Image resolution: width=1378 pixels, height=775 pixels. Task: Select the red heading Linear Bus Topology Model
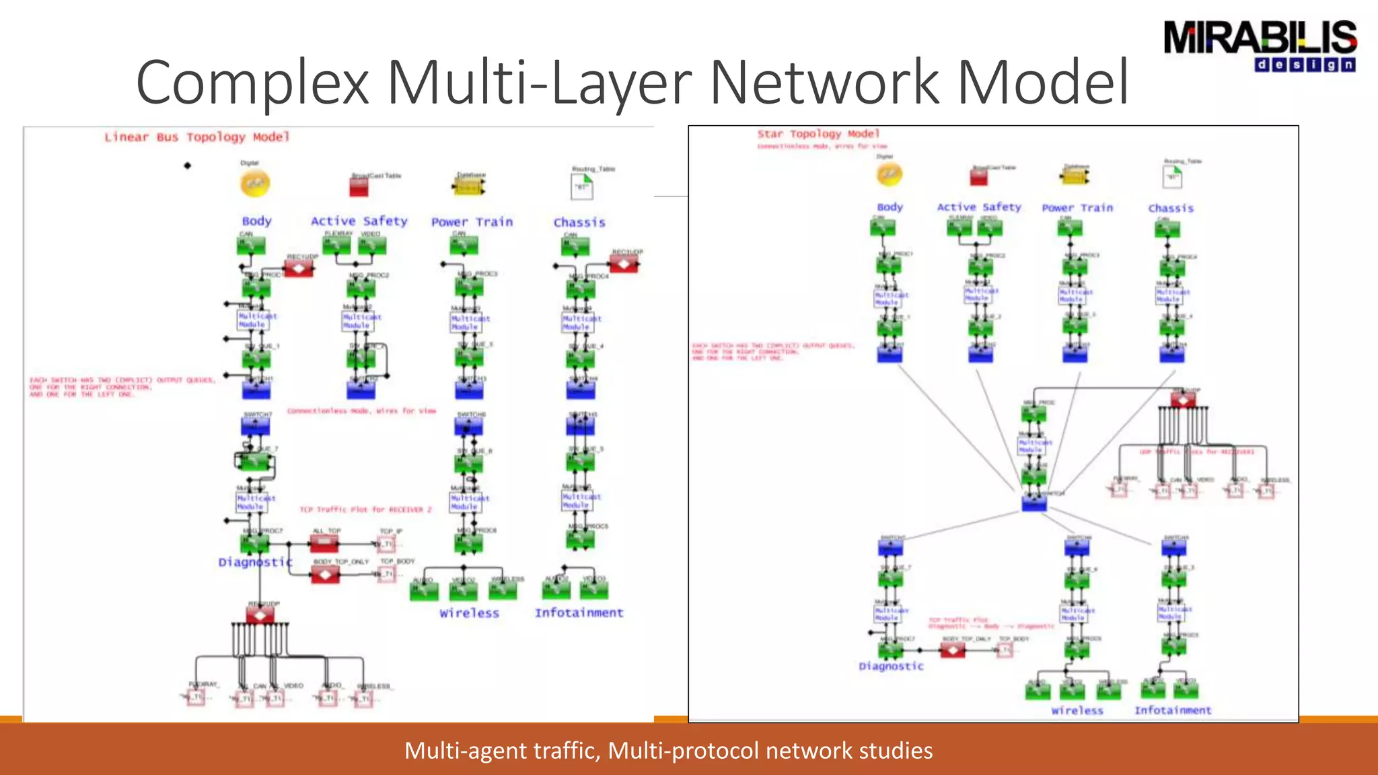pos(196,137)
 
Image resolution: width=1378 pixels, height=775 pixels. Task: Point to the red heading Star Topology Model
pos(818,134)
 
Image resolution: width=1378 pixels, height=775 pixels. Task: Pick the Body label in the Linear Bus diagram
pos(256,221)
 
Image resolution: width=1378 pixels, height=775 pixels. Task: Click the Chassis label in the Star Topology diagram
pos(1170,209)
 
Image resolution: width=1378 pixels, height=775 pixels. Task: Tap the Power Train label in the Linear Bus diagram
pos(472,222)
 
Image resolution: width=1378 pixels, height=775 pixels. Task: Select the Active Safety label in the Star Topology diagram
pos(979,207)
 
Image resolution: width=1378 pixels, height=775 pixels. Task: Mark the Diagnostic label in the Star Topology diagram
pos(891,666)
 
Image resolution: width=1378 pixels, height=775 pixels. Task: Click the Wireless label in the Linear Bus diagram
pos(469,614)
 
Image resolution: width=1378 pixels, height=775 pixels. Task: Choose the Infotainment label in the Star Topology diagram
pos(1172,710)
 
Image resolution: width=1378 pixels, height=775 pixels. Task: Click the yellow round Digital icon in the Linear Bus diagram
pos(255,183)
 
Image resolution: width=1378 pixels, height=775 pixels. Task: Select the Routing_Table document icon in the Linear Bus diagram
pos(582,186)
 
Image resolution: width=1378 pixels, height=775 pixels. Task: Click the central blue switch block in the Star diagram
pos(1034,503)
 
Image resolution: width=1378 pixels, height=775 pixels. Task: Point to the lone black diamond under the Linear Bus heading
pos(188,165)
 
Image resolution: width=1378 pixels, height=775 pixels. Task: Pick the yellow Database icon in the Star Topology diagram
pos(1075,176)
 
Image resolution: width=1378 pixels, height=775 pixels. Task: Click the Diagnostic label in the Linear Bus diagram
pos(255,562)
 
